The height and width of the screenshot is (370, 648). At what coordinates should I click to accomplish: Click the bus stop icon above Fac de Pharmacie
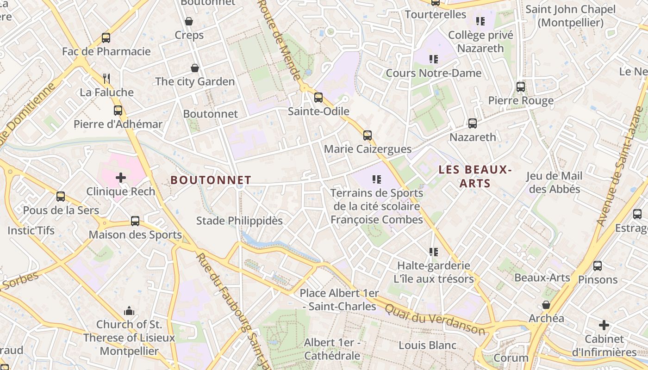[106, 38]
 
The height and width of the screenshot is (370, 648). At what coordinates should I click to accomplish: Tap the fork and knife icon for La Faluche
[106, 78]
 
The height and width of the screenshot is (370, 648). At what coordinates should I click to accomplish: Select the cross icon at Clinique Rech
[121, 177]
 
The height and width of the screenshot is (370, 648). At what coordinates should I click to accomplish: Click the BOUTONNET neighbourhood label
[211, 180]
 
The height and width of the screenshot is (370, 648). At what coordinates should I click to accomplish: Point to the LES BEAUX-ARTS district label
[475, 176]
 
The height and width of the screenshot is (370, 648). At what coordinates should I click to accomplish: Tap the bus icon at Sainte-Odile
[318, 98]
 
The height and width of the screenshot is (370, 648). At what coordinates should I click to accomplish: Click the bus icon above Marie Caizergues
[368, 135]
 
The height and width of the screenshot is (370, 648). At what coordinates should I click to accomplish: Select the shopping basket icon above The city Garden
[195, 68]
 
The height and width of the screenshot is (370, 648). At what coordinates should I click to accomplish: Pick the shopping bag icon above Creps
[189, 21]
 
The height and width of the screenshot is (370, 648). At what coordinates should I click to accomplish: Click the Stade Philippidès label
[239, 221]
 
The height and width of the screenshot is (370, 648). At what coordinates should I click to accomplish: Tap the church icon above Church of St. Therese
[129, 310]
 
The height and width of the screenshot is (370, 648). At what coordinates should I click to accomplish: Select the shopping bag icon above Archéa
[546, 305]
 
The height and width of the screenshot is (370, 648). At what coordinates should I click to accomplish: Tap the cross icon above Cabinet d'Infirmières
[604, 325]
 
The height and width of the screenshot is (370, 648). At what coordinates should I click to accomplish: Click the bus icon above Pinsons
[598, 266]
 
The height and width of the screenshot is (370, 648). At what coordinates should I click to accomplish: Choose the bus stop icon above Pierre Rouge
[521, 87]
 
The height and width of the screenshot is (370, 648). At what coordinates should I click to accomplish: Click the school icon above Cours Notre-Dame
[433, 59]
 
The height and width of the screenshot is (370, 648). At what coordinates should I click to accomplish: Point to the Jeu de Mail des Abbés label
[555, 182]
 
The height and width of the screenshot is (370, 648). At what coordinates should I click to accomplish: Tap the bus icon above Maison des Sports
[135, 221]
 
